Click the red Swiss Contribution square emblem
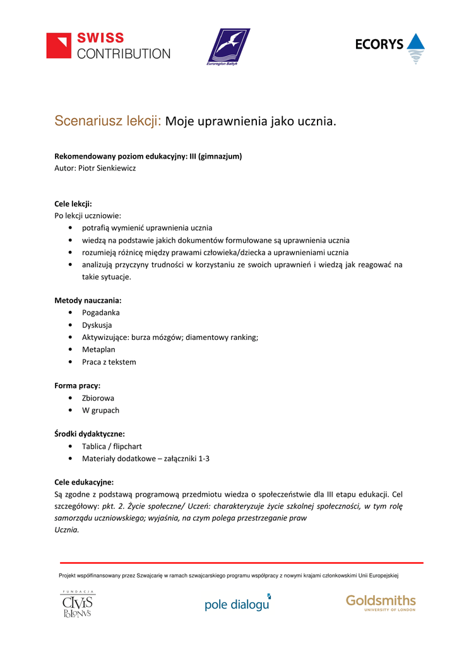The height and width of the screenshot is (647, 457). (59, 45)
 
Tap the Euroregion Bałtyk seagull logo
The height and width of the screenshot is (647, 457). (229, 47)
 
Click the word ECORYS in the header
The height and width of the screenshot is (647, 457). (379, 44)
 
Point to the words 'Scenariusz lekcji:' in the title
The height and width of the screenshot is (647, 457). (108, 121)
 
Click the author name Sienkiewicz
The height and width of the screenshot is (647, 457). (116, 168)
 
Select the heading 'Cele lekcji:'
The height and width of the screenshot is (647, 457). (73, 203)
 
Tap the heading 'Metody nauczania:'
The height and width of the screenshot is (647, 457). (88, 300)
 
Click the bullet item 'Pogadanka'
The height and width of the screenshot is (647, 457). (100, 312)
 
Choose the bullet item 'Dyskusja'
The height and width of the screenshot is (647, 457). (97, 325)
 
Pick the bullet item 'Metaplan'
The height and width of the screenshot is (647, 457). (98, 349)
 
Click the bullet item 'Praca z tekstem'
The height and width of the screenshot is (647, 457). (109, 361)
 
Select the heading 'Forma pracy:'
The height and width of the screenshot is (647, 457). (78, 385)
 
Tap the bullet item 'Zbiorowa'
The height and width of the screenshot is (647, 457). (98, 398)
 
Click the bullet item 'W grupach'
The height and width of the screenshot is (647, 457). (100, 410)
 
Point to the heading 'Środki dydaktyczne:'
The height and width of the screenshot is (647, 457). (90, 433)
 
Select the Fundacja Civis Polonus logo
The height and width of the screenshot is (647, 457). (78, 604)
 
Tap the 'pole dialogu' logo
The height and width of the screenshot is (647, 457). (237, 604)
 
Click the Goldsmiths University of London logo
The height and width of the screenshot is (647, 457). (381, 602)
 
